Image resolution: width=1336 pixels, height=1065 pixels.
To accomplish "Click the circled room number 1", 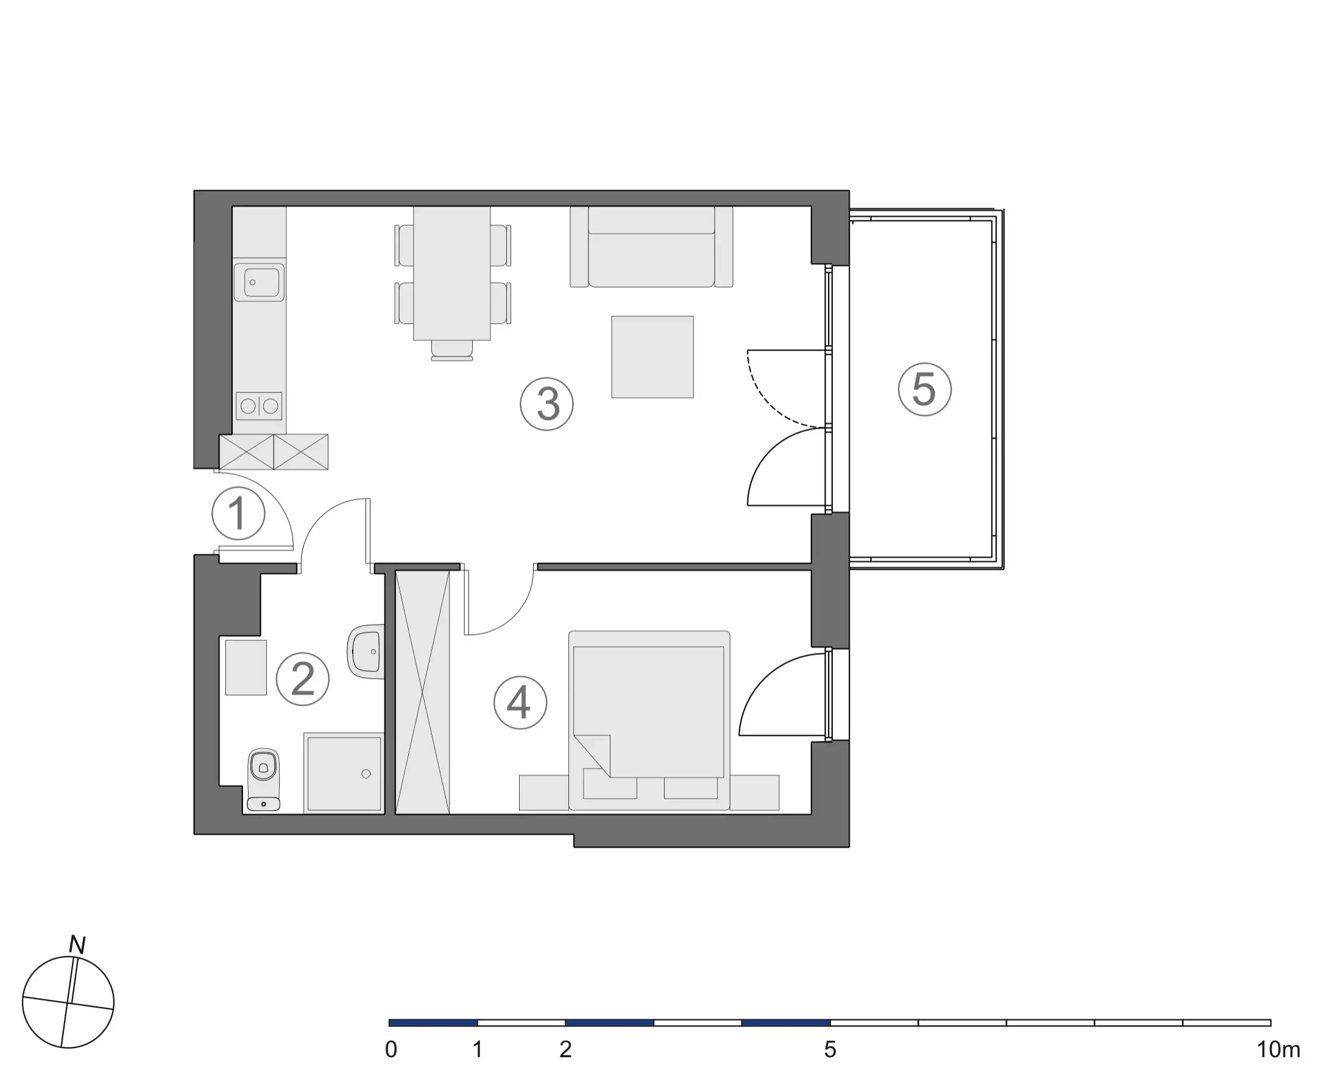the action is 239,514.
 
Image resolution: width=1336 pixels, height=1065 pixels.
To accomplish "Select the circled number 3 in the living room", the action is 547,405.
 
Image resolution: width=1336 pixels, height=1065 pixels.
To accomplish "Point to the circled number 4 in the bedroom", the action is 520,702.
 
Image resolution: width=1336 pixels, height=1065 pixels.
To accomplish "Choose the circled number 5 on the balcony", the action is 925,390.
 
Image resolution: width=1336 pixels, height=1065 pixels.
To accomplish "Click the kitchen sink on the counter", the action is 259,283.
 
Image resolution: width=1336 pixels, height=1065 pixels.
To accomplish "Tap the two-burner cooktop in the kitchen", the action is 259,406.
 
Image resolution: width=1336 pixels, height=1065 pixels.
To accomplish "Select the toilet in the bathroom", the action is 263,780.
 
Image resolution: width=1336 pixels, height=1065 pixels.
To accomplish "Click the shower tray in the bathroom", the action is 344,773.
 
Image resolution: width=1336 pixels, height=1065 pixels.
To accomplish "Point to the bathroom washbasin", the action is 366,651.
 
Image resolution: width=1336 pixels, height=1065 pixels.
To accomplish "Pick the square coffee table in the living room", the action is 652,357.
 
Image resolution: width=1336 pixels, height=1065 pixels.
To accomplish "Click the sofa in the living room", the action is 651,247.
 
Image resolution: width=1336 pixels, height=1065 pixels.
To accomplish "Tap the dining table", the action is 452,273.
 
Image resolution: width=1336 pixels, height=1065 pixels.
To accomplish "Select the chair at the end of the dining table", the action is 452,351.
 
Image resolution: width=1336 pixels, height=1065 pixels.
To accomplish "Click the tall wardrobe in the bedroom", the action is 423,693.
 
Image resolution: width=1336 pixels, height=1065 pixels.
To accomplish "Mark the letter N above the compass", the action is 77,945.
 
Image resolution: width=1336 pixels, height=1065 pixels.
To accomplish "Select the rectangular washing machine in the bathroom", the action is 246,668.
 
